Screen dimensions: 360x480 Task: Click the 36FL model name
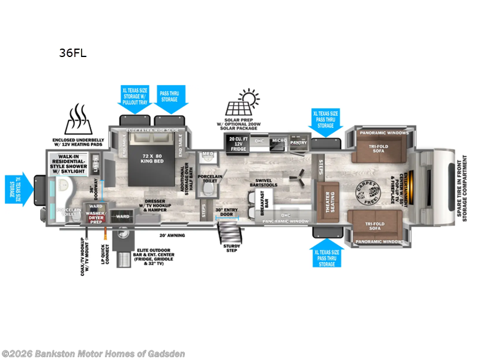click(x=73, y=53)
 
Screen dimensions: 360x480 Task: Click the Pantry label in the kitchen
click(x=298, y=143)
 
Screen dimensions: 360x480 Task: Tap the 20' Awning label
click(x=172, y=235)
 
